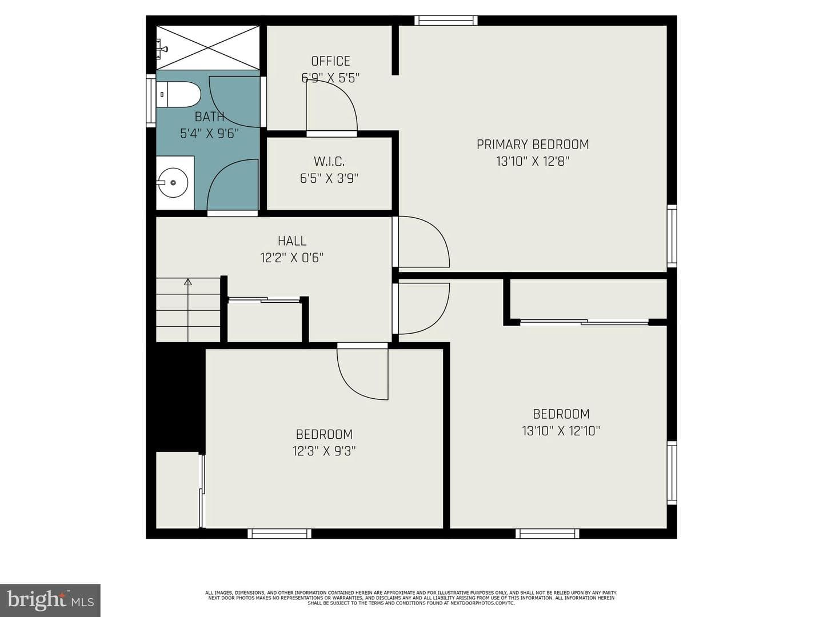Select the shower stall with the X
click(207, 47)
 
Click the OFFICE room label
click(330, 61)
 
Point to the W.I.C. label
click(329, 162)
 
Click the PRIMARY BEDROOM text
click(533, 144)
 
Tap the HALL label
click(292, 241)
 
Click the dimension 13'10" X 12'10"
click(561, 431)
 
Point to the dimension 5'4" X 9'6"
click(209, 133)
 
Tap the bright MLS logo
click(50, 600)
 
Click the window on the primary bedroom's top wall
click(446, 20)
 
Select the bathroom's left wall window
click(151, 101)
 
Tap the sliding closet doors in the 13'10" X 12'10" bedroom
click(584, 322)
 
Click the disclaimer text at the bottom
click(411, 598)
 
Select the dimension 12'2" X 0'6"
click(292, 258)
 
